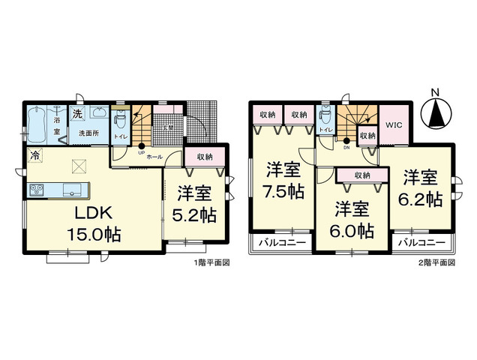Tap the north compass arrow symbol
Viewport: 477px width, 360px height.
tap(434, 114)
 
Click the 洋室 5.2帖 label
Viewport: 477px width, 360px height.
tap(196, 204)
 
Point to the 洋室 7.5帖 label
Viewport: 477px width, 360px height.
tap(283, 181)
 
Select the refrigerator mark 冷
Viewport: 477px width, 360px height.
tap(35, 156)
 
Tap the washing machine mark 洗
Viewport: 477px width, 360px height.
tap(77, 114)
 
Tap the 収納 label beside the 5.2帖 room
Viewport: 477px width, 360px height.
tap(204, 157)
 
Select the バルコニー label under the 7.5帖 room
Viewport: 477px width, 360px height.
tap(278, 244)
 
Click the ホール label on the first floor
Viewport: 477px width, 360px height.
tap(154, 157)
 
